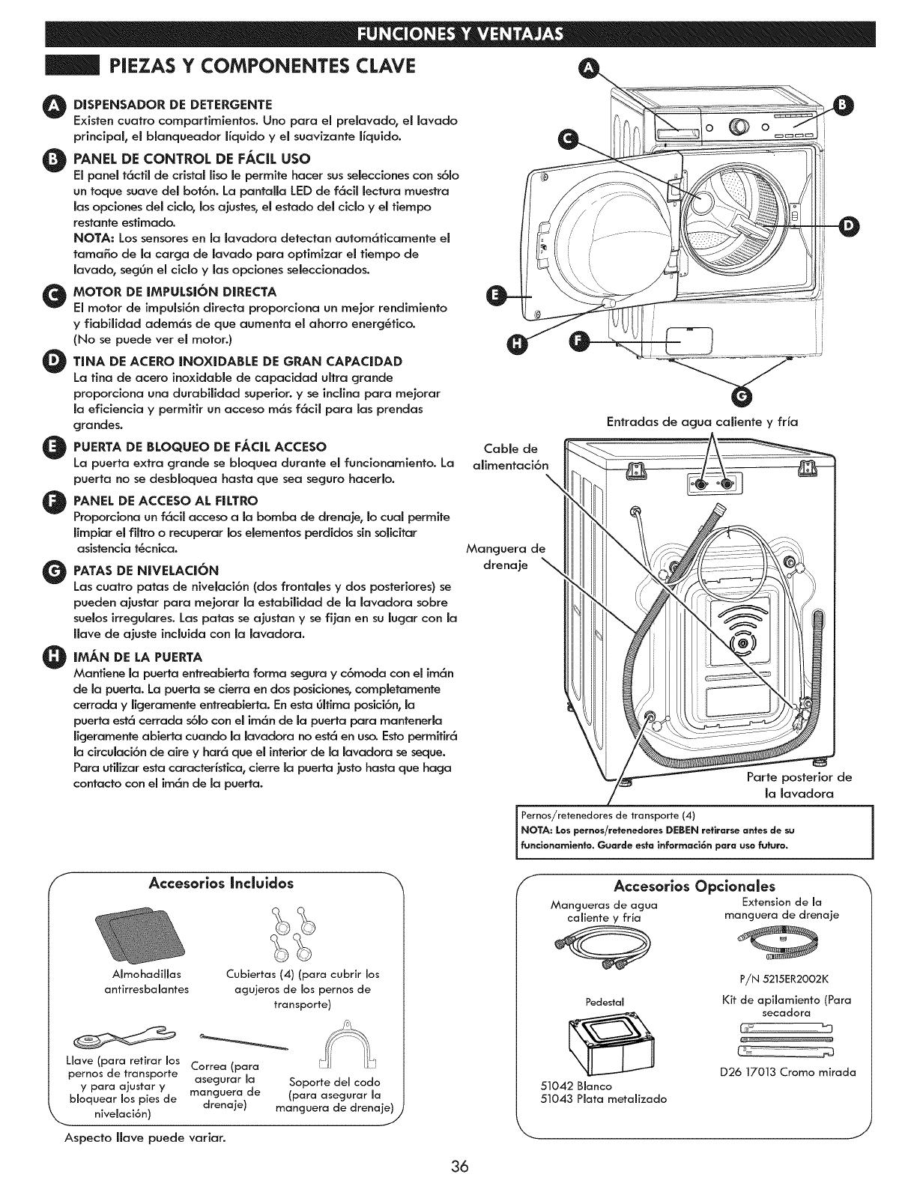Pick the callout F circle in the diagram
coord(578,341)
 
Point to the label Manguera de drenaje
coord(506,556)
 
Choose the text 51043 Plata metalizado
coord(603,1099)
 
